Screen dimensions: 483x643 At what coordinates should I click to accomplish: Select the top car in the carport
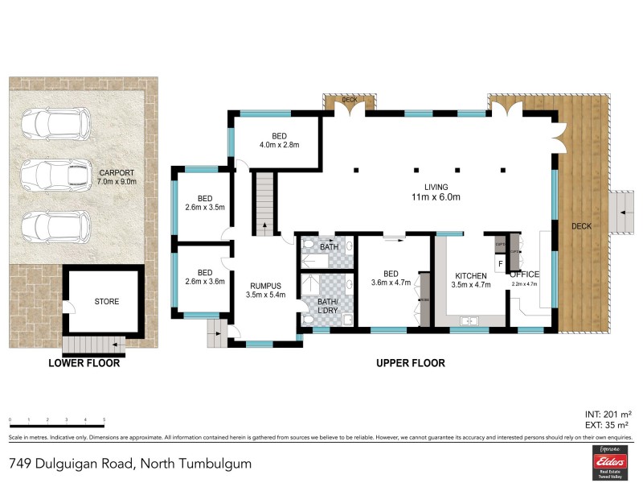click(x=55, y=123)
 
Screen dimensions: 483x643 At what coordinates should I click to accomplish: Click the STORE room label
click(x=106, y=302)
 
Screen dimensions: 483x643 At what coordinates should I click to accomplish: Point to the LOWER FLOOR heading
click(x=84, y=363)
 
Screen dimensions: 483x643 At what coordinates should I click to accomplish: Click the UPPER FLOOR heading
click(x=410, y=363)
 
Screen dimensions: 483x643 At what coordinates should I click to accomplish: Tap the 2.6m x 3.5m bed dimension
click(x=204, y=207)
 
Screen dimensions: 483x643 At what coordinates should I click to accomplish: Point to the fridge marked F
click(x=501, y=263)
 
